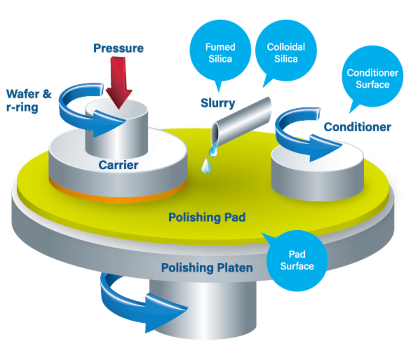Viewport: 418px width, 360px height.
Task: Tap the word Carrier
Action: pos(118,164)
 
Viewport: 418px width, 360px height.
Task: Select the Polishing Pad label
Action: pos(207,217)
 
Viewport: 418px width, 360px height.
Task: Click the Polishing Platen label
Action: pos(207,268)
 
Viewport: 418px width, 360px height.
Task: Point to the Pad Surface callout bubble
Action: pos(297,260)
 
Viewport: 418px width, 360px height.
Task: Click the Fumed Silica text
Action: pos(220,53)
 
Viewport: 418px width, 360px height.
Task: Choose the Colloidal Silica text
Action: pos(286,53)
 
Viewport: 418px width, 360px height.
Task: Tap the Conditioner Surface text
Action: pos(372,78)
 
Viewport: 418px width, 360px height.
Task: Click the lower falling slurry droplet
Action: pos(206,166)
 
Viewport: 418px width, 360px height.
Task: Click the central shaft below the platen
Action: pos(209,314)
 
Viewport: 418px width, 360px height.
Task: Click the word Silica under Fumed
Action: pos(220,59)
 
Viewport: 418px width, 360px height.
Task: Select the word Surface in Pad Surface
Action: pos(297,266)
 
